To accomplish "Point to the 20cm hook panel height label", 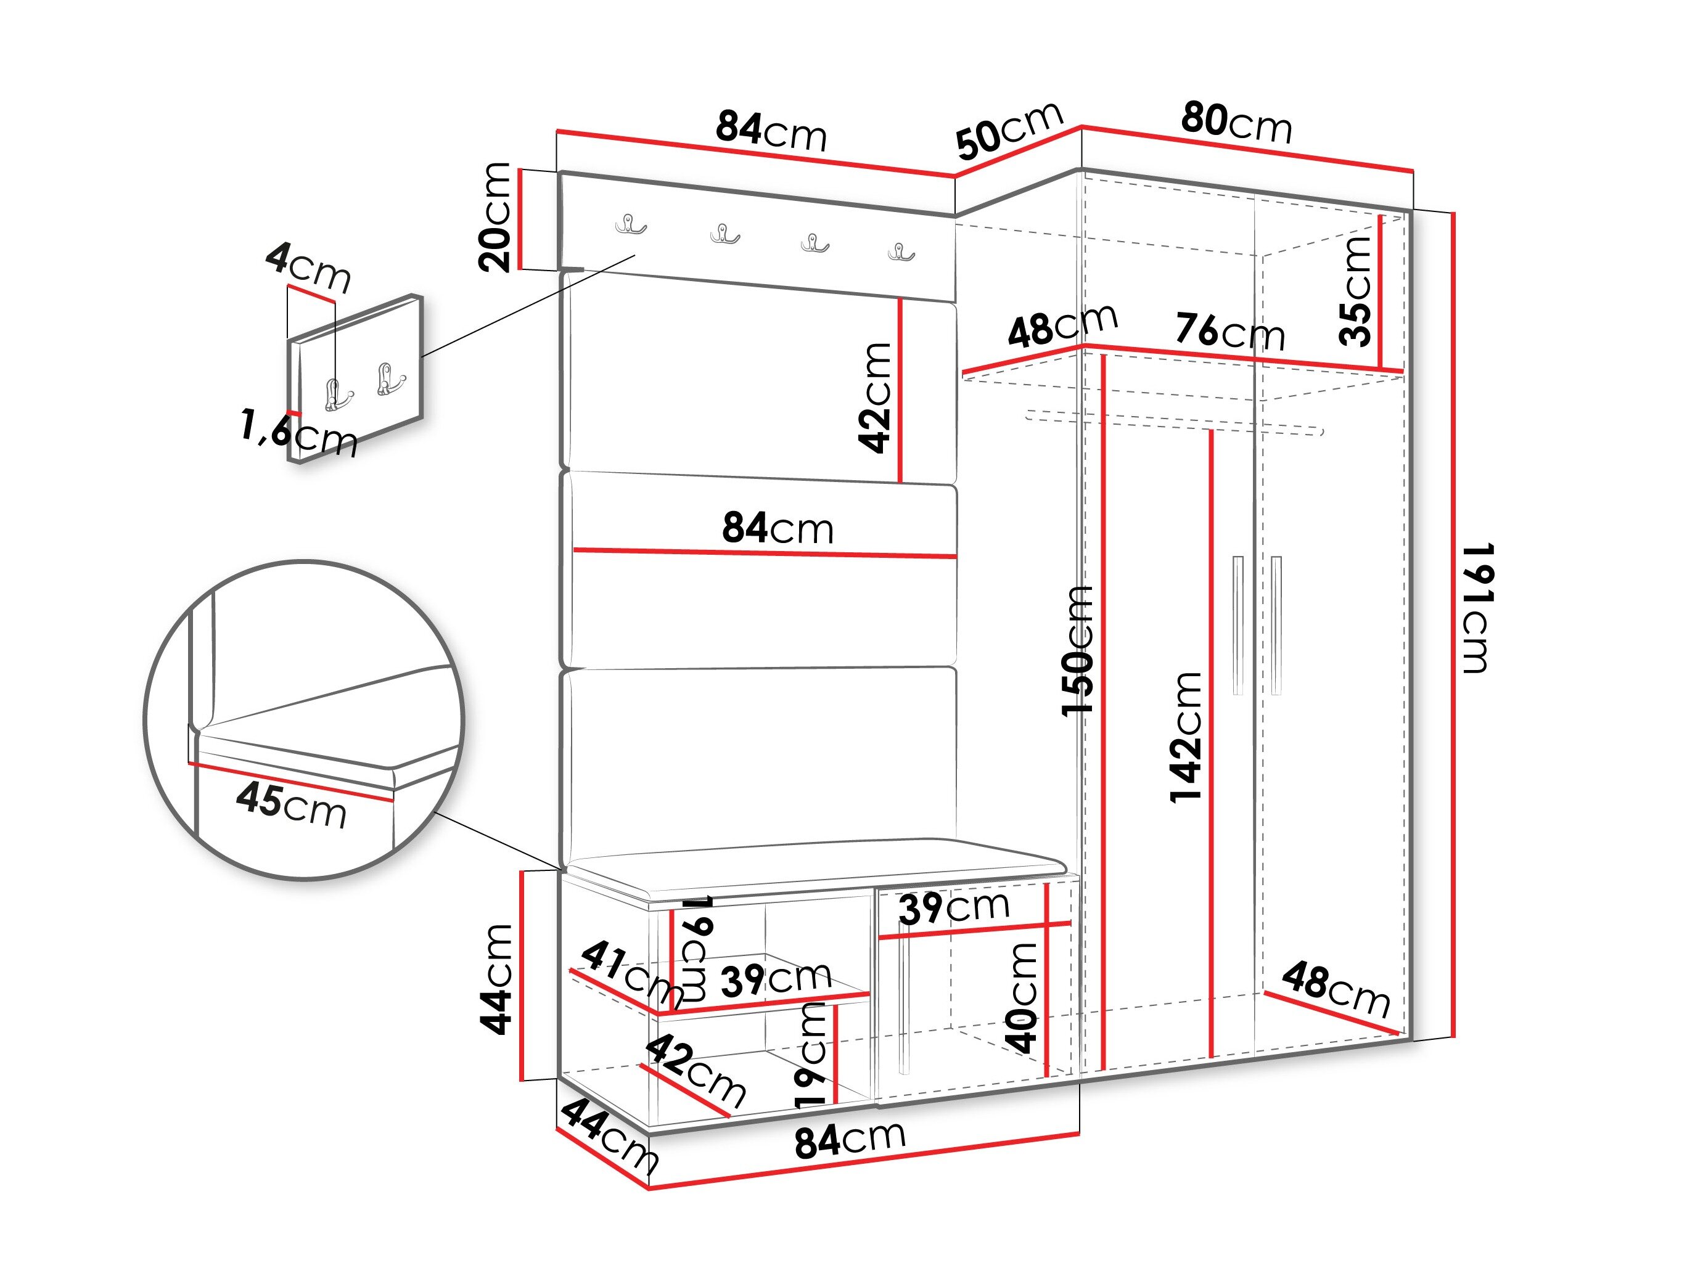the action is [495, 217].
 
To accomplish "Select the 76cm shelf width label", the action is [1231, 331].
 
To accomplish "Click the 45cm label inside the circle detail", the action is [291, 805].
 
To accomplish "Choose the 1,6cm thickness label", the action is [299, 433].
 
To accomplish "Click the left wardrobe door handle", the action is [1237, 625].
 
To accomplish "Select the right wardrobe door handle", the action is [1276, 625].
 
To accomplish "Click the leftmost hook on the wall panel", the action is [631, 224].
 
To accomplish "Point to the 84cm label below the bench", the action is [850, 1140].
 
